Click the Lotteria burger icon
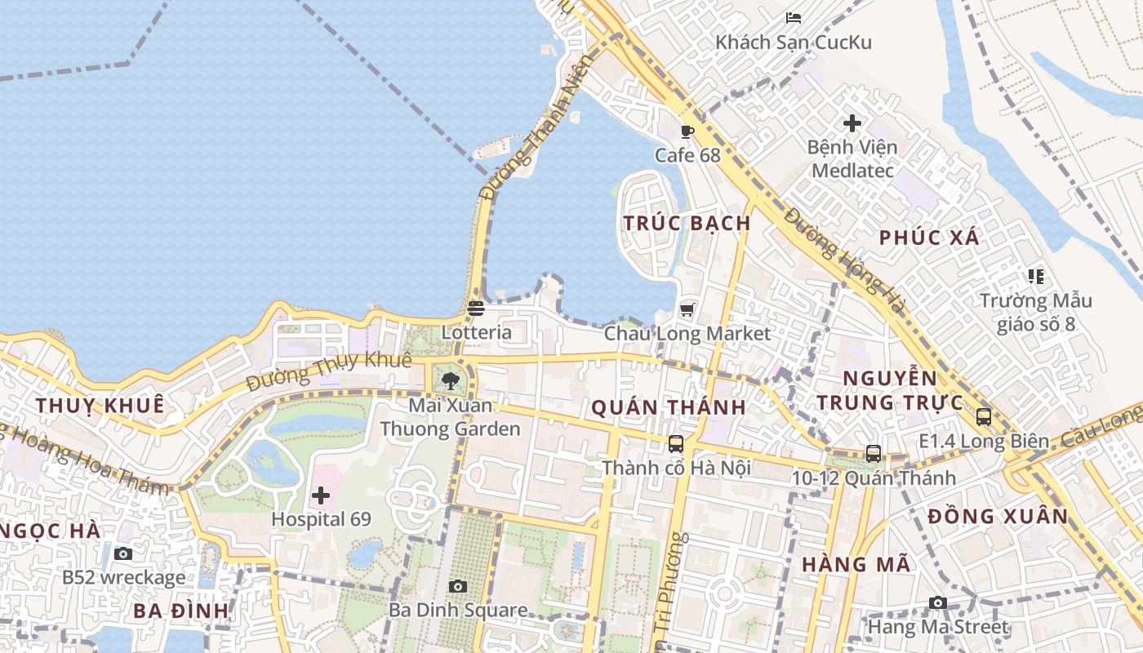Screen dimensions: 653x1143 pyautogui.click(x=476, y=309)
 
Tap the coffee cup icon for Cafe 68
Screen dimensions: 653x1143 pyautogui.click(x=687, y=131)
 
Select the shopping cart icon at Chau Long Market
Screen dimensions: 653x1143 pyautogui.click(x=687, y=309)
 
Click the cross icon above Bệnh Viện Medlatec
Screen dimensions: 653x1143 pyautogui.click(x=852, y=123)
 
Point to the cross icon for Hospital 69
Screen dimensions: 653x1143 pyautogui.click(x=321, y=495)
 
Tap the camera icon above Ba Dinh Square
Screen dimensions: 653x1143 pyautogui.click(x=457, y=586)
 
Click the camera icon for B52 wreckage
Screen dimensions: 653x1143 pyautogui.click(x=123, y=554)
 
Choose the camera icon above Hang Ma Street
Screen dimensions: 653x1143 pyautogui.click(x=938, y=603)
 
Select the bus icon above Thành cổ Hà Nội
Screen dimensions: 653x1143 pyautogui.click(x=676, y=444)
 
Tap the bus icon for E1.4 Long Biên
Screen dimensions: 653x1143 pyautogui.click(x=984, y=417)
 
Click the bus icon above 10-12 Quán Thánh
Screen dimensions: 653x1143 pyautogui.click(x=874, y=454)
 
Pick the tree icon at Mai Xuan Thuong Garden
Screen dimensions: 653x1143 pyautogui.click(x=450, y=380)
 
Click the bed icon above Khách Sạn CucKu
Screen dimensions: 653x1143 pyautogui.click(x=794, y=18)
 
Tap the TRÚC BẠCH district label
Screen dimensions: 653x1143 pyautogui.click(x=687, y=224)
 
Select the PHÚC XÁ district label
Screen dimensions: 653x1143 pyautogui.click(x=929, y=238)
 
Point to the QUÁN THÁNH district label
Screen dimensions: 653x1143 pyautogui.click(x=668, y=408)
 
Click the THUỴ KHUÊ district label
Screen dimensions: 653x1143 pyautogui.click(x=100, y=406)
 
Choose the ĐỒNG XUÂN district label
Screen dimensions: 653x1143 pyautogui.click(x=998, y=517)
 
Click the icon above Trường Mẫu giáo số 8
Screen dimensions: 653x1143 pyautogui.click(x=1036, y=277)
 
